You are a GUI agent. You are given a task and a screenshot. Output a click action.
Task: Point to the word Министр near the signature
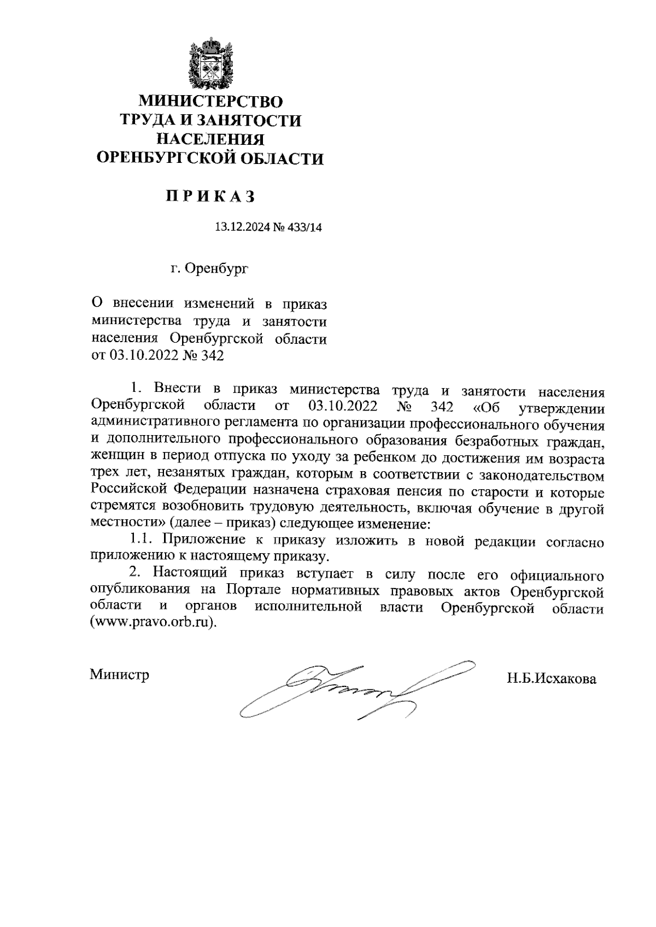point(120,674)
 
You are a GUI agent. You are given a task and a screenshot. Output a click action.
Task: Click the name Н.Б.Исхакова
point(551,679)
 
